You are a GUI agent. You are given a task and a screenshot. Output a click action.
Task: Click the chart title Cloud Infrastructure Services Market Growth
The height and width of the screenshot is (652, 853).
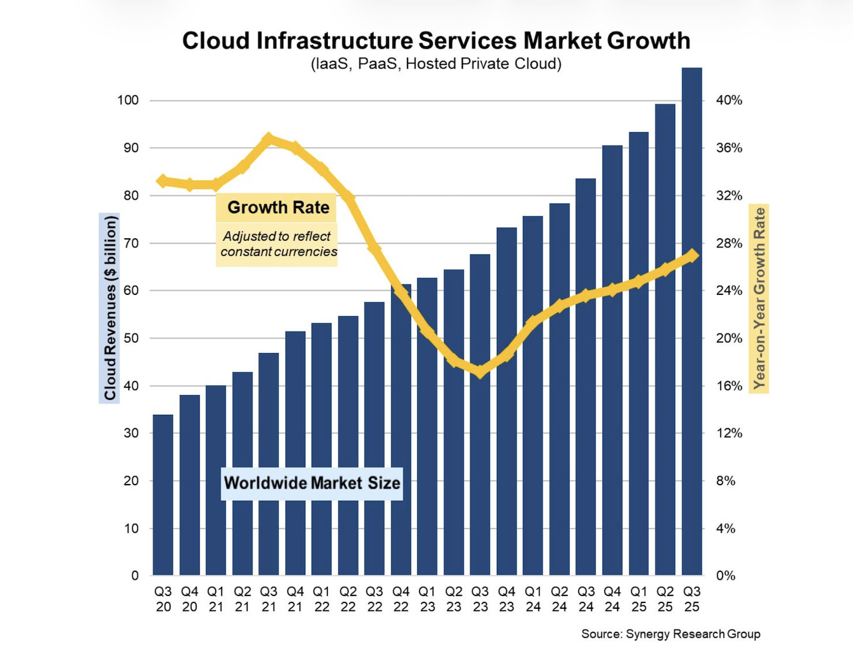click(436, 41)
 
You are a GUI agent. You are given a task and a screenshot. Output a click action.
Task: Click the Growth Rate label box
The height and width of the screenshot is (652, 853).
click(278, 208)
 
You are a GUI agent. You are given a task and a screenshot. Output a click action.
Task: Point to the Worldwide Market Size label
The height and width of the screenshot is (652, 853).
click(312, 483)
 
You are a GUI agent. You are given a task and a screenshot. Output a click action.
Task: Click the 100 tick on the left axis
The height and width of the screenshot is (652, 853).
click(128, 100)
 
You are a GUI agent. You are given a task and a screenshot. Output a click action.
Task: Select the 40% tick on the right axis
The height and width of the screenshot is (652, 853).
click(729, 100)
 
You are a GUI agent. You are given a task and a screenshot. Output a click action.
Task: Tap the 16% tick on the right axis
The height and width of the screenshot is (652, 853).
click(729, 386)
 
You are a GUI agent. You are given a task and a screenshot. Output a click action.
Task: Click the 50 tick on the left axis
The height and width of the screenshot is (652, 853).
click(131, 338)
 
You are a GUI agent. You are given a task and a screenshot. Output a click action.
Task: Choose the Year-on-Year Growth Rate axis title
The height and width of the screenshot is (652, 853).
click(760, 298)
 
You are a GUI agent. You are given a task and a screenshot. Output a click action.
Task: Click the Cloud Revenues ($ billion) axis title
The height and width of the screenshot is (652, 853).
click(110, 308)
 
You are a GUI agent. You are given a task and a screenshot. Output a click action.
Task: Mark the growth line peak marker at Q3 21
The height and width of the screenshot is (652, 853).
click(269, 139)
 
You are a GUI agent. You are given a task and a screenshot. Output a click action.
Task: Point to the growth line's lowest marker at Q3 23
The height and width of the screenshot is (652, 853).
click(480, 372)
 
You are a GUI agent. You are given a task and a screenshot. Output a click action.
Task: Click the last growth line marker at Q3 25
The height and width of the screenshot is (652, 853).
click(692, 256)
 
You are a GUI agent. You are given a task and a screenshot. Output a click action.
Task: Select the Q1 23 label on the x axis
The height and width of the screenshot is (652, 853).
click(427, 599)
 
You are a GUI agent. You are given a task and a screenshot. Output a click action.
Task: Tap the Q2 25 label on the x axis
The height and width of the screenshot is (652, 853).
click(665, 599)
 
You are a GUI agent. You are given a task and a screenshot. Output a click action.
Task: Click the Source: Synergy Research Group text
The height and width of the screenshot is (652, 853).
click(670, 634)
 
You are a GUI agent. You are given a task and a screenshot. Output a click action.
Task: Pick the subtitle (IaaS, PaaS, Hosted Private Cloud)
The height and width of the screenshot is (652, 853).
click(436, 63)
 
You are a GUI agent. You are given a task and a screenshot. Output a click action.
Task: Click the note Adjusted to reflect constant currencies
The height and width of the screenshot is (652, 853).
click(278, 244)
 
